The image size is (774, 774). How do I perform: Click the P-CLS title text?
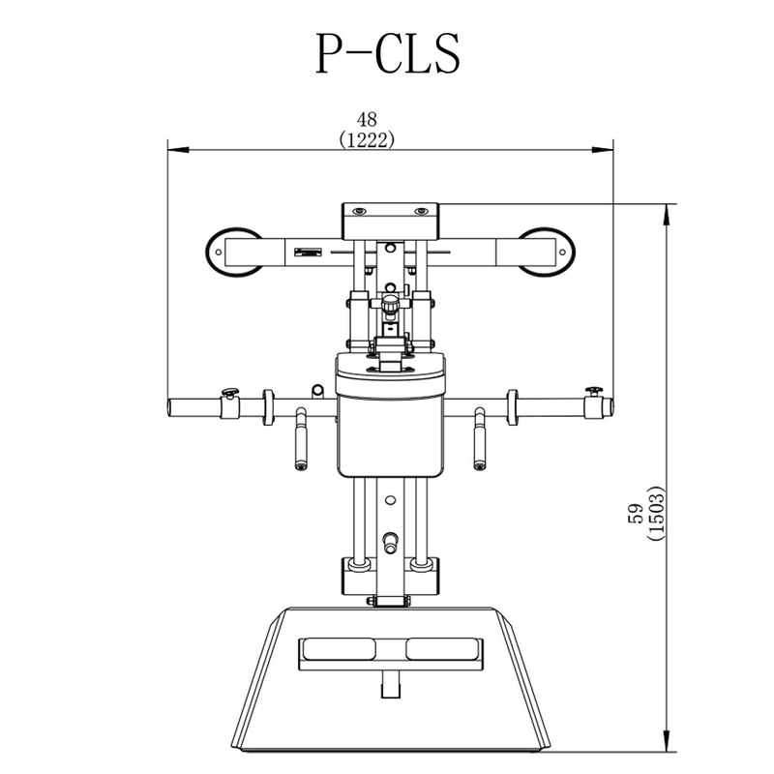pyautogui.click(x=388, y=53)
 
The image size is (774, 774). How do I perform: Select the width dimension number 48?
pyautogui.click(x=367, y=119)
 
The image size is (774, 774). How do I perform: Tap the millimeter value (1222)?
pyautogui.click(x=367, y=140)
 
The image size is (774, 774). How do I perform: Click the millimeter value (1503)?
pyautogui.click(x=657, y=514)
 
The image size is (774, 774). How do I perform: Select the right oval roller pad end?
pyautogui.click(x=548, y=253)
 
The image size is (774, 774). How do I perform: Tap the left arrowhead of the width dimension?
pyautogui.click(x=178, y=150)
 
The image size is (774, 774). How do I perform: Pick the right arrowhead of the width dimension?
pyautogui.click(x=603, y=150)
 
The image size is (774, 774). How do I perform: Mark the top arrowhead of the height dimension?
pyautogui.click(x=667, y=215)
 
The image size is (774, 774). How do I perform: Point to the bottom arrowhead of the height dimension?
pyautogui.click(x=667, y=741)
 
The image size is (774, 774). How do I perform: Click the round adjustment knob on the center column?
pyautogui.click(x=391, y=304)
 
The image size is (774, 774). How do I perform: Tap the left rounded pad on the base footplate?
pyautogui.click(x=339, y=648)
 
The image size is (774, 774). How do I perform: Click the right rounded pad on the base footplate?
pyautogui.click(x=443, y=648)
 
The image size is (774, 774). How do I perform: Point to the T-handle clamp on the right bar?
pyautogui.click(x=594, y=403)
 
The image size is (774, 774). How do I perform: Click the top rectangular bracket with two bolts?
pyautogui.click(x=391, y=222)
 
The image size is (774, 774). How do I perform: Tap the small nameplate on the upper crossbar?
pyautogui.click(x=308, y=253)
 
